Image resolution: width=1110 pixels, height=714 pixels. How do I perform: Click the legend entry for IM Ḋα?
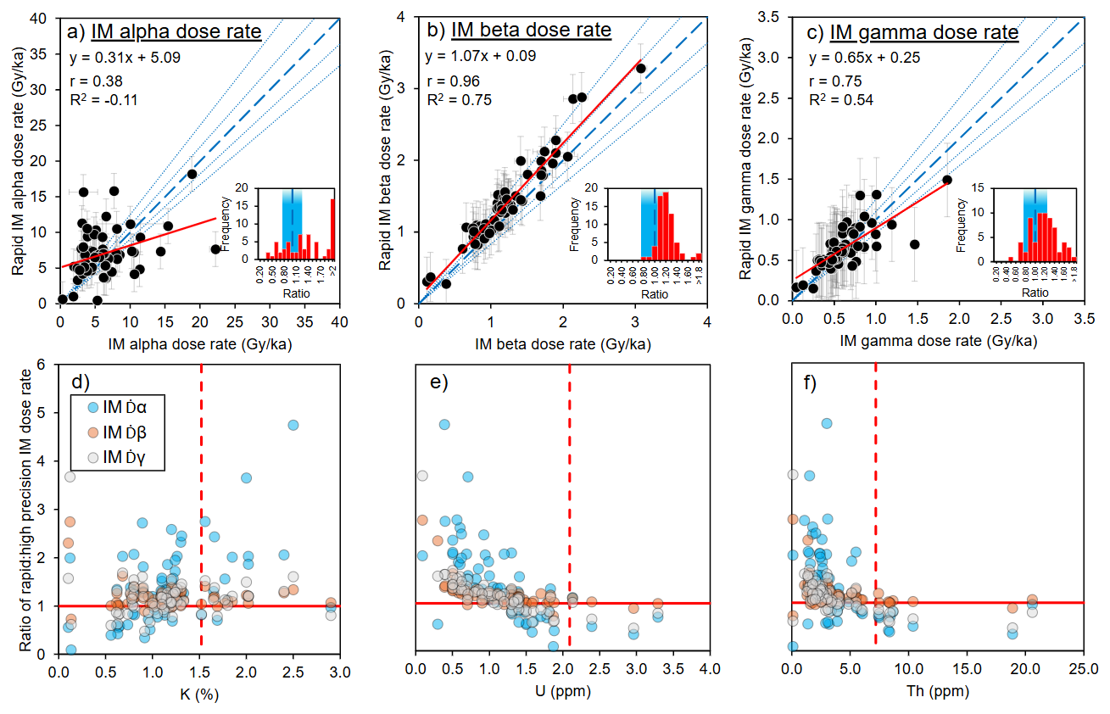click(x=117, y=407)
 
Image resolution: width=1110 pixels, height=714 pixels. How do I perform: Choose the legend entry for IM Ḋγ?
click(x=117, y=460)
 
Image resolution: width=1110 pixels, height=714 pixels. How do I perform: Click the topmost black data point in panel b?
click(x=640, y=69)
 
